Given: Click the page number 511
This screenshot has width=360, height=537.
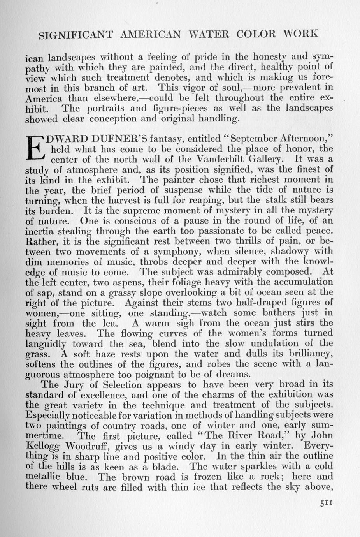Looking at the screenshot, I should point(325,503).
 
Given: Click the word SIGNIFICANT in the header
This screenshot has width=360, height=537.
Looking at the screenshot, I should point(76,35).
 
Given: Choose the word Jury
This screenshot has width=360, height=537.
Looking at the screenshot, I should point(80,384).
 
